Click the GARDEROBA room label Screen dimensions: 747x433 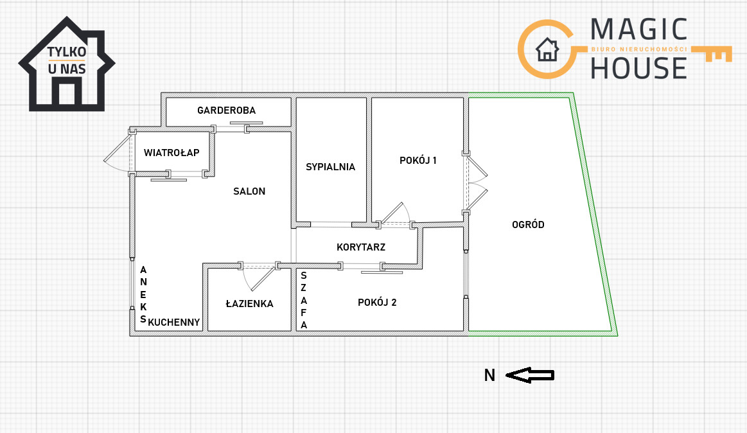pyautogui.click(x=226, y=110)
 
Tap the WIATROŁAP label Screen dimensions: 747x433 pyautogui.click(x=171, y=153)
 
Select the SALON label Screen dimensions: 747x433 pyautogui.click(x=249, y=191)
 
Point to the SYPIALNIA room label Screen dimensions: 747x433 pyautogui.click(x=330, y=167)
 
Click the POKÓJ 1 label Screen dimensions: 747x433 pyautogui.click(x=417, y=161)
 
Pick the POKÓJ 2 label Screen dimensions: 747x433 pyautogui.click(x=377, y=303)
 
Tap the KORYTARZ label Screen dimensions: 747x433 pyautogui.click(x=360, y=247)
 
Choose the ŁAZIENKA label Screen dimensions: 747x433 pyautogui.click(x=249, y=303)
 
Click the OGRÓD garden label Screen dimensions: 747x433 pyautogui.click(x=528, y=225)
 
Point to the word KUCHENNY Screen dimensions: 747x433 pyautogui.click(x=174, y=323)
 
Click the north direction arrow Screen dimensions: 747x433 pyautogui.click(x=530, y=375)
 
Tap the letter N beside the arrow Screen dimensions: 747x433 pyautogui.click(x=489, y=375)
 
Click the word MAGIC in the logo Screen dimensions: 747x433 pyautogui.click(x=639, y=30)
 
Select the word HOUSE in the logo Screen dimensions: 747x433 pyautogui.click(x=638, y=67)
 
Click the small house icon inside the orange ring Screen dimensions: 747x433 pyautogui.click(x=547, y=49)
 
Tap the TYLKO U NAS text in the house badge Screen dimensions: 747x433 pyautogui.click(x=67, y=60)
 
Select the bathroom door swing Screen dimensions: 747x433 pyautogui.click(x=260, y=279)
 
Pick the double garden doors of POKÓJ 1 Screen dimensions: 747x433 pyautogui.click(x=477, y=183)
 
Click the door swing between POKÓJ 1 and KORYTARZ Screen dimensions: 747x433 pyautogui.click(x=396, y=213)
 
